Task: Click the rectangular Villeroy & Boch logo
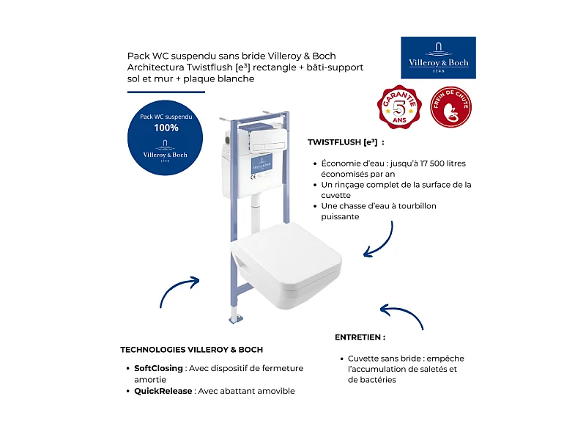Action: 438,57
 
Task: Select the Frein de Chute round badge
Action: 450,107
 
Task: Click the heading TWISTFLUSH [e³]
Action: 346,142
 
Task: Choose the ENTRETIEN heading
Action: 360,337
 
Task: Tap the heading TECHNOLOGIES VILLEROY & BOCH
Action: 191,350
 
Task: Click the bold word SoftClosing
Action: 158,368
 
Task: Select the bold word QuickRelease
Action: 163,391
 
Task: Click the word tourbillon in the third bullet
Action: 412,206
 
